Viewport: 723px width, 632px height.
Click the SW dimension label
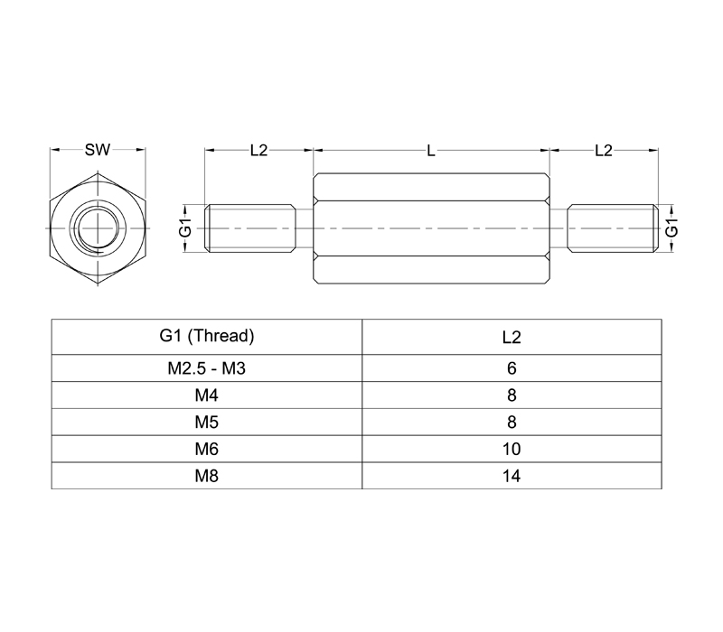98,150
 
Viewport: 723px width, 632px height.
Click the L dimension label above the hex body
431,151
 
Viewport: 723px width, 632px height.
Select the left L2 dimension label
258,150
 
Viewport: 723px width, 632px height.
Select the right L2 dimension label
603,150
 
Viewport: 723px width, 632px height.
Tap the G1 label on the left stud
185,228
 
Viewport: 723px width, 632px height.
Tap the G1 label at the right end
672,228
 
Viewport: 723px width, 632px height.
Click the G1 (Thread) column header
207,336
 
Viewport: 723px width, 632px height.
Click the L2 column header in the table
512,337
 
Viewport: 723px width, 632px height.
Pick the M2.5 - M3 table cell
207,368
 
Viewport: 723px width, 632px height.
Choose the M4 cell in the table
207,395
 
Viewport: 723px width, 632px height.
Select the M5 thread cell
207,422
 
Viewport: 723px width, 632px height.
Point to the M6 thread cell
207,449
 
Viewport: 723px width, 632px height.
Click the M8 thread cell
207,476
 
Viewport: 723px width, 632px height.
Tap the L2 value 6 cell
512,368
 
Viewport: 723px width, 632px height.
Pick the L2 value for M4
512,395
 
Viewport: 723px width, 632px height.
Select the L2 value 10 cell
512,449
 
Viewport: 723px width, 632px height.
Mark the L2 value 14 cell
512,476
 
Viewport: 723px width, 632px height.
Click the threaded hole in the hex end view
98,228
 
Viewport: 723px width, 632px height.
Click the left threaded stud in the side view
250,228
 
